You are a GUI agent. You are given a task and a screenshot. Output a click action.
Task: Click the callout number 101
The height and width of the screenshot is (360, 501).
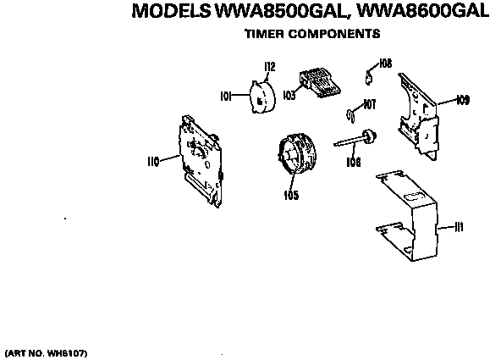click(225, 96)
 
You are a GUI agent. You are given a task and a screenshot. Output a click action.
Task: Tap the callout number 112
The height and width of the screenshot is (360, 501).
click(270, 67)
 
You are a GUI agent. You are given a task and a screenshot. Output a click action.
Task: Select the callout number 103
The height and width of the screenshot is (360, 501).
click(289, 95)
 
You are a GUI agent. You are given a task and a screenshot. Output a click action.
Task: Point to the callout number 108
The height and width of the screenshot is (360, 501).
click(385, 64)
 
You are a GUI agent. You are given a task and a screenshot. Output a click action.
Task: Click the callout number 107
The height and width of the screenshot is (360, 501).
click(370, 104)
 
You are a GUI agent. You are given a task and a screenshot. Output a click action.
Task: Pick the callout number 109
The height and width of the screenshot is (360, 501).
click(463, 100)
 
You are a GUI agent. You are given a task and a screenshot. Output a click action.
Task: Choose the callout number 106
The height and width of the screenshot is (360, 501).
click(354, 162)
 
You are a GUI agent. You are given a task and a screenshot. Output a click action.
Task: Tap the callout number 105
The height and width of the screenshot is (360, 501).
click(291, 195)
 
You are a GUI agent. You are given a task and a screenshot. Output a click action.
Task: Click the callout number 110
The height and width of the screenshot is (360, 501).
click(153, 162)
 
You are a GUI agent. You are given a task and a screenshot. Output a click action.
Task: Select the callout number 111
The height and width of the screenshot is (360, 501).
click(459, 227)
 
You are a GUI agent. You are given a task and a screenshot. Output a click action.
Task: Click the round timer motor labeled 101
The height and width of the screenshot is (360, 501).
click(262, 97)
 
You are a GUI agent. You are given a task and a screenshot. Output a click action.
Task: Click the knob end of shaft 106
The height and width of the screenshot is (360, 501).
click(369, 136)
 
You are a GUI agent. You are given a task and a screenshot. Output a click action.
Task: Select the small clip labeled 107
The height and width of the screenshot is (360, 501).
click(350, 116)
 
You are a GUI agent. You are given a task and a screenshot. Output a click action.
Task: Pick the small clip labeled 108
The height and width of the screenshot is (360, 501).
click(368, 78)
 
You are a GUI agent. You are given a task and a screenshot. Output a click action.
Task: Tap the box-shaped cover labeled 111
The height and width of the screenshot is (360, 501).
click(407, 216)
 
